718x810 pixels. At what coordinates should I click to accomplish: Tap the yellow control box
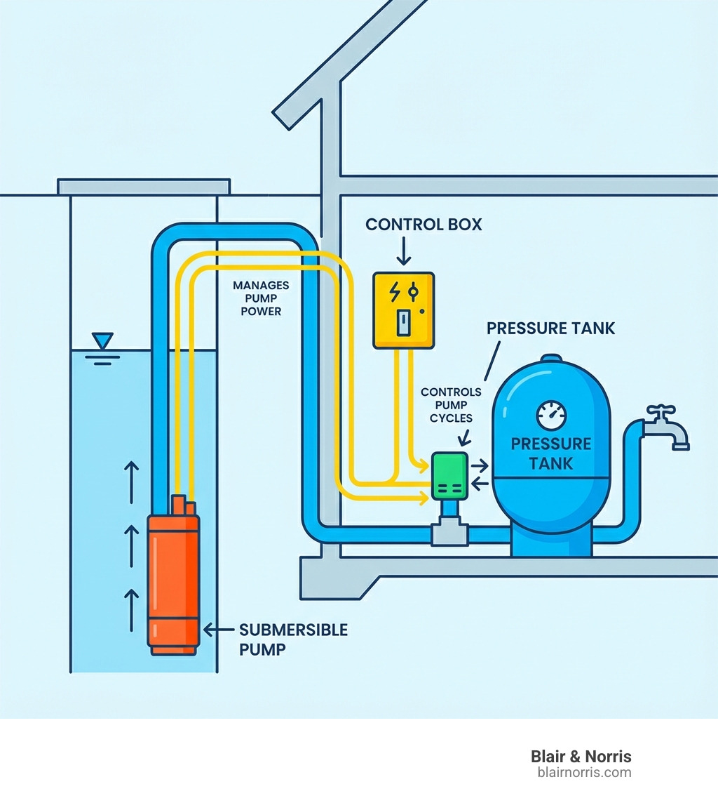point(402,310)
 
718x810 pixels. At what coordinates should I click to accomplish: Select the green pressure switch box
point(449,475)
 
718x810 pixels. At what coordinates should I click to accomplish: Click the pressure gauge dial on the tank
point(550,416)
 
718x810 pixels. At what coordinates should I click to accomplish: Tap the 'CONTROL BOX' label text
point(424,225)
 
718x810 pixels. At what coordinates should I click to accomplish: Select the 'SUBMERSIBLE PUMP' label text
point(293,639)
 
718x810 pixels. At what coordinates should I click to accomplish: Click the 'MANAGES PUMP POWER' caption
point(261,298)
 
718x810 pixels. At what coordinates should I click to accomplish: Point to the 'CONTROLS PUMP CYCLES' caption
point(451,404)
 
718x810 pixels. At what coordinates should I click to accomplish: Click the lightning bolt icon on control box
point(394,291)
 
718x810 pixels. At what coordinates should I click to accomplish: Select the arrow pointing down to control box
point(403,251)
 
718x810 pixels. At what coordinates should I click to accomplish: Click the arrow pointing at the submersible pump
point(218,630)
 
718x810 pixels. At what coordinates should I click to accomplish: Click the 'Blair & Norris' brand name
point(581,756)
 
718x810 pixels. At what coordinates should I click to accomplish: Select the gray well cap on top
point(144,187)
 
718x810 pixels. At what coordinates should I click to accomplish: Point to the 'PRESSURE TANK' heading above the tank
point(550,328)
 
